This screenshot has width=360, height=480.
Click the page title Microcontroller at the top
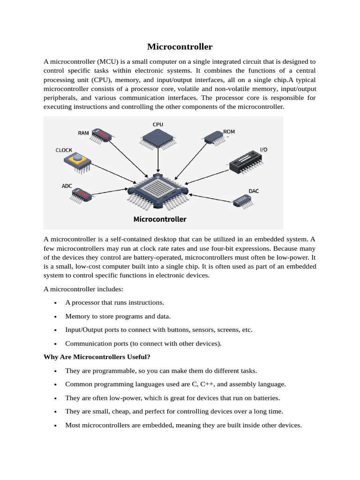[x=180, y=46]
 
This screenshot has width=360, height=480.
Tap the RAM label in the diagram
[x=83, y=133]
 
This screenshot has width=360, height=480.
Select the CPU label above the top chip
[x=158, y=124]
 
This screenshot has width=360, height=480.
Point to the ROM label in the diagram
[x=229, y=132]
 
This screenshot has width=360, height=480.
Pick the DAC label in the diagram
[x=254, y=191]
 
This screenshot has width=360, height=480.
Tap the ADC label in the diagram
[x=67, y=186]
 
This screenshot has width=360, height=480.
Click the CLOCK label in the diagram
[x=64, y=150]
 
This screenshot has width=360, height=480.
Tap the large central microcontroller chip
[x=158, y=192]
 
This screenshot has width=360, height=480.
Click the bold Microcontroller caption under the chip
[x=160, y=219]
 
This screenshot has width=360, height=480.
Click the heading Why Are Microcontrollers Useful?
[x=97, y=357]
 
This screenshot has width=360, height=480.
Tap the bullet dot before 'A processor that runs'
[x=56, y=303]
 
